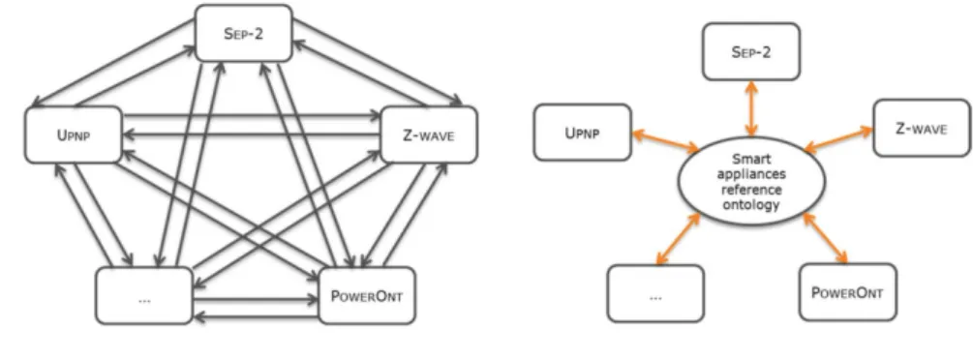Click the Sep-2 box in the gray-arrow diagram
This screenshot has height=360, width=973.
click(x=243, y=33)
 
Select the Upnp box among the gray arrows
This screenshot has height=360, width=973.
click(x=74, y=135)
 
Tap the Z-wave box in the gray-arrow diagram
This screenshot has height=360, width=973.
click(x=429, y=135)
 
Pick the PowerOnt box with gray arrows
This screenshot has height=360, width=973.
click(x=367, y=295)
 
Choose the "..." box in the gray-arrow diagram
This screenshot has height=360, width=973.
click(x=144, y=295)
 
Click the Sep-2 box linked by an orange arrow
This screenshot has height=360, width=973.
click(x=751, y=51)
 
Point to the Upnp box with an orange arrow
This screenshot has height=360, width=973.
click(x=583, y=133)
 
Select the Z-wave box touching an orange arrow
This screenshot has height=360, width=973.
click(x=922, y=128)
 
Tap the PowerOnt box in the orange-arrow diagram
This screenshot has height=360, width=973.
click(x=848, y=292)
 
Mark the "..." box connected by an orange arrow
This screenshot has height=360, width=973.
click(x=655, y=293)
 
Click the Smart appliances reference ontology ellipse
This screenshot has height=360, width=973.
click(x=751, y=181)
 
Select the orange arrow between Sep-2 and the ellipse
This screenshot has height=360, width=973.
click(x=751, y=108)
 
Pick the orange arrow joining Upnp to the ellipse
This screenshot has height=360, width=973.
click(x=664, y=140)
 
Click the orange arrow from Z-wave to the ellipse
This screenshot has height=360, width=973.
click(x=838, y=139)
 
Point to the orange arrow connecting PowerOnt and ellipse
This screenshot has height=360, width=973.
click(x=825, y=238)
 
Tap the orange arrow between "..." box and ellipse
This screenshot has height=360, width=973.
click(x=679, y=239)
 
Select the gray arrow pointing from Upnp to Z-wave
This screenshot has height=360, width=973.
click(x=252, y=115)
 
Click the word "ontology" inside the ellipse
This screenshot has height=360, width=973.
click(x=751, y=203)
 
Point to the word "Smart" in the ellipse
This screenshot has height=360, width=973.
click(x=751, y=159)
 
